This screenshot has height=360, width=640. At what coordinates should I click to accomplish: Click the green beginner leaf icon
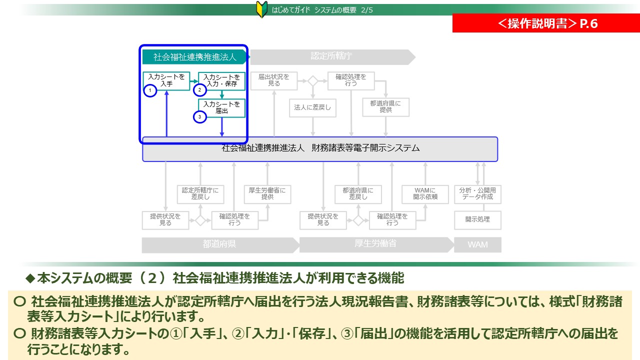(261, 9)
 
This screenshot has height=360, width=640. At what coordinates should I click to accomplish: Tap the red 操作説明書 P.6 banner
(546, 23)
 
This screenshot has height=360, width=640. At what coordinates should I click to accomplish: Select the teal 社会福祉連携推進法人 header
(194, 57)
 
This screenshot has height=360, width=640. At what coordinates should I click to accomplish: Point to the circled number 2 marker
(200, 90)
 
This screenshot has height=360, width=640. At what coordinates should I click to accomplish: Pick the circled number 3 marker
(200, 117)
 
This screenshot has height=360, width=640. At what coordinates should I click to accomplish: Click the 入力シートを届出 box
(222, 108)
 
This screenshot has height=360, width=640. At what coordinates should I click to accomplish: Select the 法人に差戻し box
(313, 108)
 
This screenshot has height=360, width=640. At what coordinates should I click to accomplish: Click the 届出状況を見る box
(273, 80)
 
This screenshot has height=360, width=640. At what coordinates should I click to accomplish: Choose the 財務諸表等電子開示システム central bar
(320, 148)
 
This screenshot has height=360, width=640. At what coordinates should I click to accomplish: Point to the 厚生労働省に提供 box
(267, 194)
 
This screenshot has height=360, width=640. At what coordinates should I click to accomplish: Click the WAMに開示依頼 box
(425, 194)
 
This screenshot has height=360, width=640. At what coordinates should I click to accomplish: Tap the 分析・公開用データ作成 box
(477, 194)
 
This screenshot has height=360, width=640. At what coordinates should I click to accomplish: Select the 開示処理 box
(477, 219)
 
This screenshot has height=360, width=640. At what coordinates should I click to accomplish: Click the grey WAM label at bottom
(477, 245)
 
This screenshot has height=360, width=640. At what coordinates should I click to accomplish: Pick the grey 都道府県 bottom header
(219, 245)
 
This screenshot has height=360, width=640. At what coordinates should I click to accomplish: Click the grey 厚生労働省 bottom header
(375, 244)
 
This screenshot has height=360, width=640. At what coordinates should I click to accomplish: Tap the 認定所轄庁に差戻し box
(200, 194)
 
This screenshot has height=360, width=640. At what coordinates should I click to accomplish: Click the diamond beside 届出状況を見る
(313, 81)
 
